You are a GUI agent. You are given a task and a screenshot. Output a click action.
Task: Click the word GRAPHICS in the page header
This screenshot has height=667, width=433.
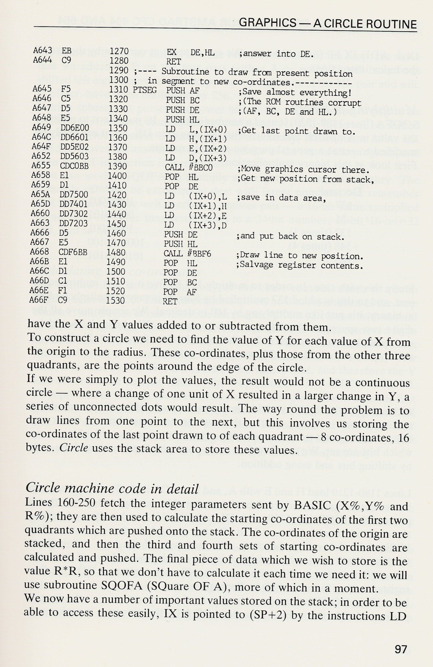(268, 23)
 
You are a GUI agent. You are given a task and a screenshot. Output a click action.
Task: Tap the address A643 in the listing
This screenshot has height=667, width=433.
(42, 50)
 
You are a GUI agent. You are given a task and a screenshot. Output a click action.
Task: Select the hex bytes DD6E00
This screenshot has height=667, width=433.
(74, 128)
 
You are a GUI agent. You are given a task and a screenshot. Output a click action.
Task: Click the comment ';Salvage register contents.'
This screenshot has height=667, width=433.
(300, 265)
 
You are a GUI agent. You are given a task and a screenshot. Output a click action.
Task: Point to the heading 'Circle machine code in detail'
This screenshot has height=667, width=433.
(112, 489)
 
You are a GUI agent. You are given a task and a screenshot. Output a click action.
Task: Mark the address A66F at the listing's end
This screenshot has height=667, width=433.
(39, 300)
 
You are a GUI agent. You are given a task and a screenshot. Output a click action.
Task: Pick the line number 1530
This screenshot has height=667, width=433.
(116, 300)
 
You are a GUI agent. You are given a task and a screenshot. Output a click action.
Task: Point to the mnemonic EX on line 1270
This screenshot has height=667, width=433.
(171, 52)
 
